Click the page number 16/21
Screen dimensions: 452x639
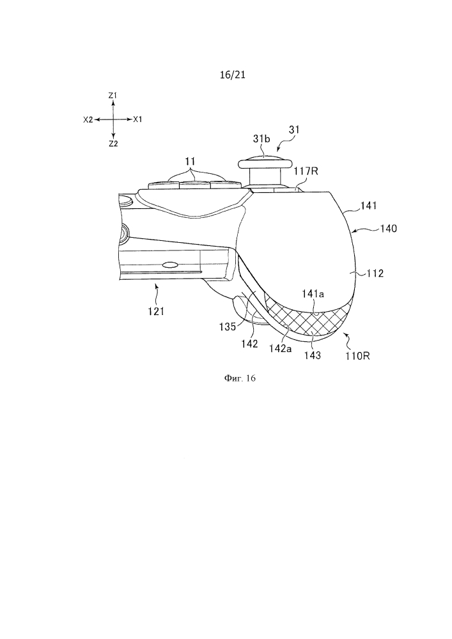pos(232,75)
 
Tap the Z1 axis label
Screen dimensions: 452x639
pos(113,95)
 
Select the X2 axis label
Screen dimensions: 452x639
pos(88,119)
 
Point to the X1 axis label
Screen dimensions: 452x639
pos(137,119)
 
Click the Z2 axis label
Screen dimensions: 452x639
pos(113,143)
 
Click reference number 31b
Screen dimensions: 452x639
pos(261,139)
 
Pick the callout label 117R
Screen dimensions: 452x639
pos(306,172)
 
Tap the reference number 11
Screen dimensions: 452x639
pos(191,162)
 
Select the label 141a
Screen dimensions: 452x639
pos(313,293)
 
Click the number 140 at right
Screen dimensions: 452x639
pos(388,229)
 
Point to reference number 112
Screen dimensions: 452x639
pos(375,273)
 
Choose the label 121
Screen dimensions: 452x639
pos(156,311)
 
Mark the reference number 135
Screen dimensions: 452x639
pos(228,327)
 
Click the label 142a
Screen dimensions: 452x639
pos(281,349)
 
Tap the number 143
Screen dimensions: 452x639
pos(313,355)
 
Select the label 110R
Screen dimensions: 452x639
pos(358,356)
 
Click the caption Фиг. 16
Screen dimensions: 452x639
pos(240,378)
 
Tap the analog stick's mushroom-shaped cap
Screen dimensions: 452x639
pos(265,162)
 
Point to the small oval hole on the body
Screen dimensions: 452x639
pos(169,265)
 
